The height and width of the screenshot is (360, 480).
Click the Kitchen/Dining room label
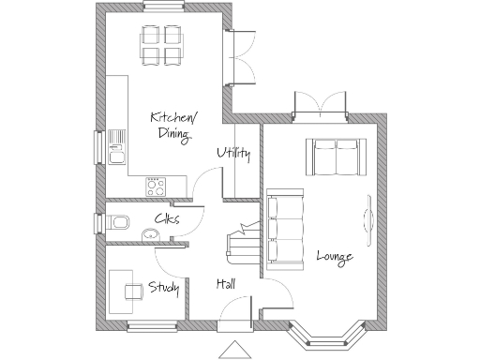[x=173, y=125]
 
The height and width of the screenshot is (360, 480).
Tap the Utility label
[x=233, y=154]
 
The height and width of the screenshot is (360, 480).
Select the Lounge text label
[x=335, y=255]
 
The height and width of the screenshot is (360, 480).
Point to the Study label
[x=163, y=287]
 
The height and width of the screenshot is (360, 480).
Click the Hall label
[x=226, y=284]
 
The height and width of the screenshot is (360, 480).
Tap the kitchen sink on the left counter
[x=117, y=146]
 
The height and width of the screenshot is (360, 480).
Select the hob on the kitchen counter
[x=155, y=186]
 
